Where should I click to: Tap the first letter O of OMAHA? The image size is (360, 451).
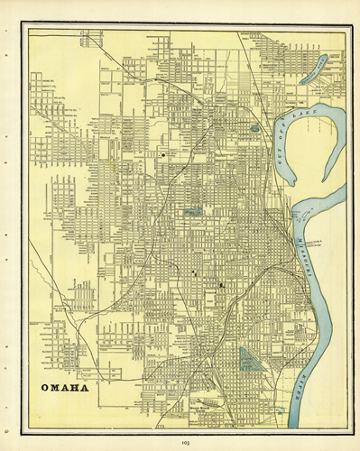pos(44,389)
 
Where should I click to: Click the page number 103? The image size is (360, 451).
pos(185,441)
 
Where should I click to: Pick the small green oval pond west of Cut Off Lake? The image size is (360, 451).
pos(255,129)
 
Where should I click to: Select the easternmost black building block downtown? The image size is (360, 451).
pos(221,285)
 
